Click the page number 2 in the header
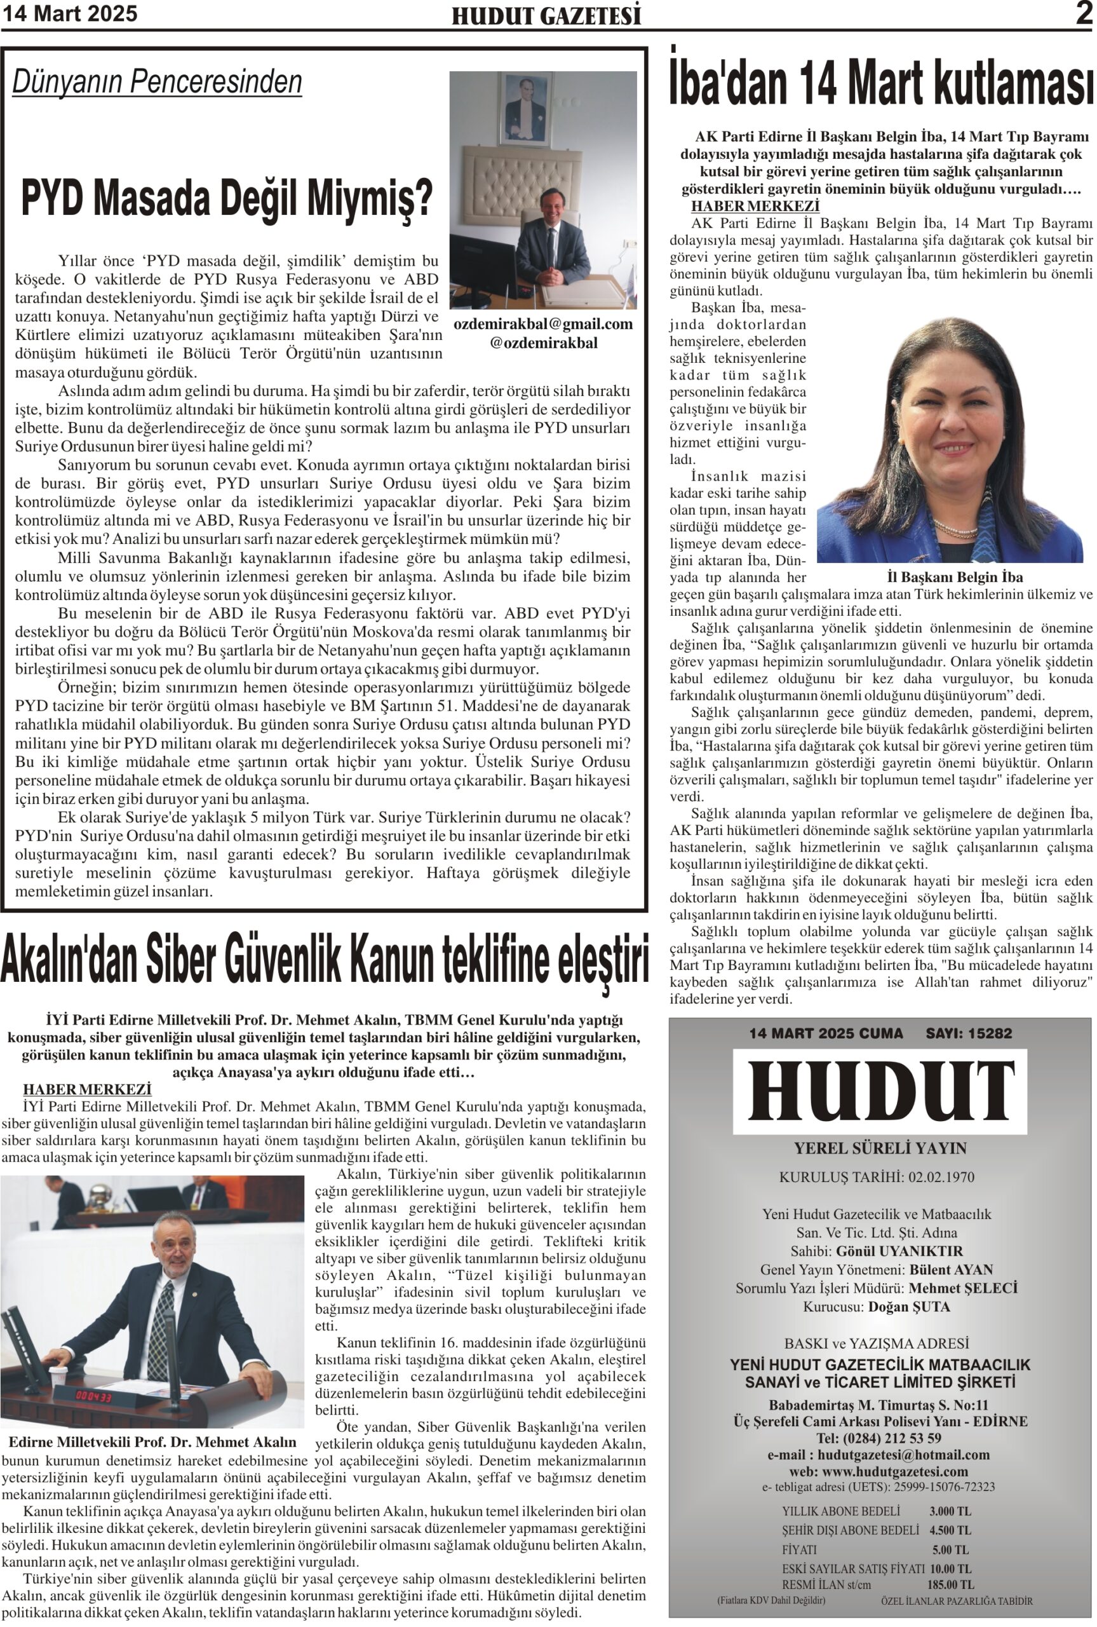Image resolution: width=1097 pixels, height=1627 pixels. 1084,14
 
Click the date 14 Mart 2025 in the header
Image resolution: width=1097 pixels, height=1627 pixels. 69,14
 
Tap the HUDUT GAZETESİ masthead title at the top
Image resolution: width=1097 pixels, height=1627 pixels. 546,16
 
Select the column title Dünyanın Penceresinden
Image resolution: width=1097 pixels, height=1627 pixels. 158,82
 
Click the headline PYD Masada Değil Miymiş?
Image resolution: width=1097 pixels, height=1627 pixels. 227,199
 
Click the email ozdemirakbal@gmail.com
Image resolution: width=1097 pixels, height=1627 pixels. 543,324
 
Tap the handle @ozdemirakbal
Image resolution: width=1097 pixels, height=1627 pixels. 544,343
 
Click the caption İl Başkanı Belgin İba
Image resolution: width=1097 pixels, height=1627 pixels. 954,577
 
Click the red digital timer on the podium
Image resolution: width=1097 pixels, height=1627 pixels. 95,1396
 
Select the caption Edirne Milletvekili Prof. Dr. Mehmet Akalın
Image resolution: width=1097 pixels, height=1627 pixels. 152,1441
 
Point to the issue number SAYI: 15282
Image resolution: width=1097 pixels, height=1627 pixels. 968,1033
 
